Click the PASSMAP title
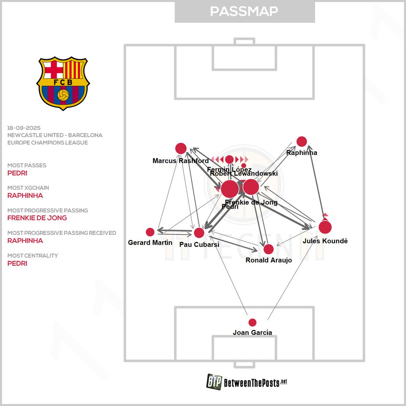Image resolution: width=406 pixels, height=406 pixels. [244, 12]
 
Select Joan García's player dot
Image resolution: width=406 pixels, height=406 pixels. [252, 322]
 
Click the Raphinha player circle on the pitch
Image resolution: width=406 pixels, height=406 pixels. [301, 141]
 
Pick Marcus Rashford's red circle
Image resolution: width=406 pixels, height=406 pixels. [181, 148]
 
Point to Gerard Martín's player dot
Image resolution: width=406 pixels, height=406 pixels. [150, 232]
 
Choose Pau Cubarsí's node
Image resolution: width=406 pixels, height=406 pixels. [199, 233]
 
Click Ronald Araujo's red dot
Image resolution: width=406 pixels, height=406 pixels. [268, 249]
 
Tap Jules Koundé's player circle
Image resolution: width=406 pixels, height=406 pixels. [325, 227]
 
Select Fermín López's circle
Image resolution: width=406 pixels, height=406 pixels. [229, 159]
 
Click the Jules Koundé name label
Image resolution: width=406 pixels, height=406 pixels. [325, 241]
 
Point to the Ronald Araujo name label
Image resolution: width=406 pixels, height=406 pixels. [269, 260]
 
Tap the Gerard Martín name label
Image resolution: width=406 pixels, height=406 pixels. [150, 243]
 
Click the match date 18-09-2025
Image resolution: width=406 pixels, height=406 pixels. [24, 128]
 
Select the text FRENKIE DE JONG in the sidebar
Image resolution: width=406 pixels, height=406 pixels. [37, 218]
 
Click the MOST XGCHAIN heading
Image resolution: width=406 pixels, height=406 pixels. [28, 188]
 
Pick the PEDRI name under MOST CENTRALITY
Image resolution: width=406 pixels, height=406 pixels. [17, 263]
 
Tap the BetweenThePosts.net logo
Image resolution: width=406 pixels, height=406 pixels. [247, 382]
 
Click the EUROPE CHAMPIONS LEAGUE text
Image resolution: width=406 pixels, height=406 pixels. [47, 143]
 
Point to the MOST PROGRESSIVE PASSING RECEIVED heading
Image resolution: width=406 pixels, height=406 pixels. [62, 233]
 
